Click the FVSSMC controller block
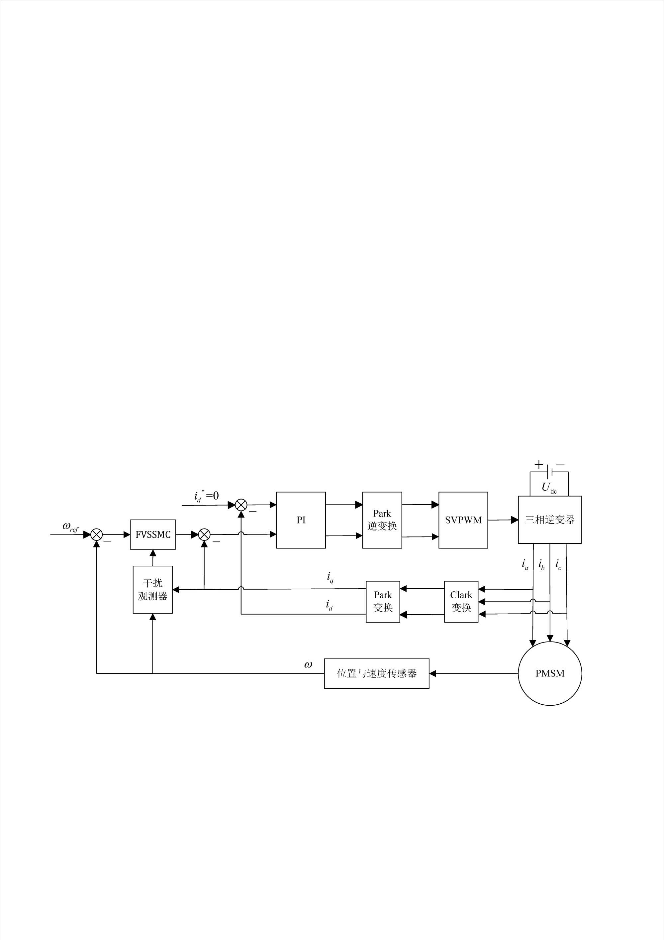point(152,534)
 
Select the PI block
point(301,520)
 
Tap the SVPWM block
point(463,520)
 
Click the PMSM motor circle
point(550,673)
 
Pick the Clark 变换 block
point(461,601)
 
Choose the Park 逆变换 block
point(382,520)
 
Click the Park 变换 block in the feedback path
point(383,601)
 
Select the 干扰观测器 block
point(152,590)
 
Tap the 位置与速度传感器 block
point(376,673)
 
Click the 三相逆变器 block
point(549,520)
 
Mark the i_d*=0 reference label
point(206,496)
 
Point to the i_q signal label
point(330,578)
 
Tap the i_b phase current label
point(541,565)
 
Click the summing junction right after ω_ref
point(97,534)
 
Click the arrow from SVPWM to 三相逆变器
point(503,520)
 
